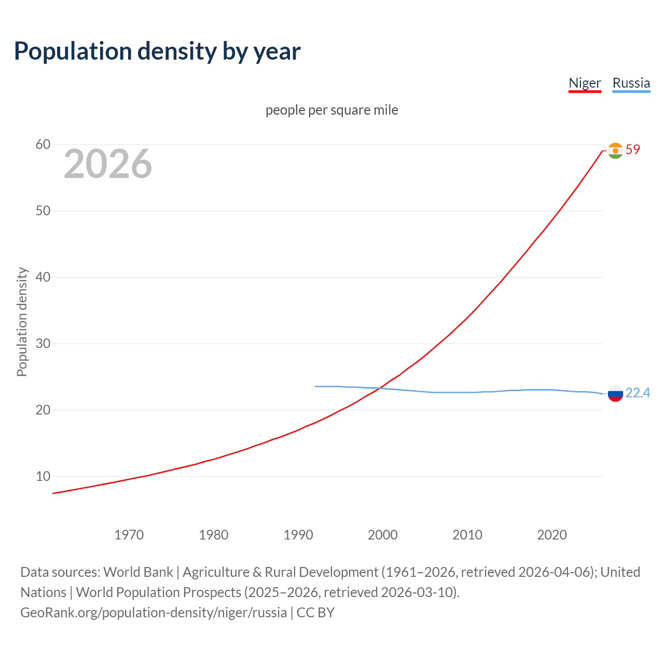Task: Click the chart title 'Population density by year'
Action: point(157,51)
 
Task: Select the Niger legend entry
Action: point(585,83)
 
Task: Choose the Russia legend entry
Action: point(631,83)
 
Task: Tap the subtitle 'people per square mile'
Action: point(331,110)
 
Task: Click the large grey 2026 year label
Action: point(108,164)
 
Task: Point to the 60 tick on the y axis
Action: point(43,144)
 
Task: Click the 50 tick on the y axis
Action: point(43,211)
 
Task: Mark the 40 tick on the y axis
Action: point(43,277)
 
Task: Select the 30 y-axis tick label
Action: point(43,343)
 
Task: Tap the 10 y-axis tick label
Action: point(43,476)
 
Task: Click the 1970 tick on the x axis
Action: point(129,535)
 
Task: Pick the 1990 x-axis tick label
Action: point(298,535)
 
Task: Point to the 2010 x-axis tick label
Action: point(467,535)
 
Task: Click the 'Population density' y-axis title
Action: point(22,322)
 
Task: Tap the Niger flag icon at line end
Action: point(615,150)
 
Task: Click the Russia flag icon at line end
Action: point(615,394)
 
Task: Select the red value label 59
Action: point(633,149)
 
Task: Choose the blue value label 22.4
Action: point(638,393)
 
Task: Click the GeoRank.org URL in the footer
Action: point(154,613)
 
